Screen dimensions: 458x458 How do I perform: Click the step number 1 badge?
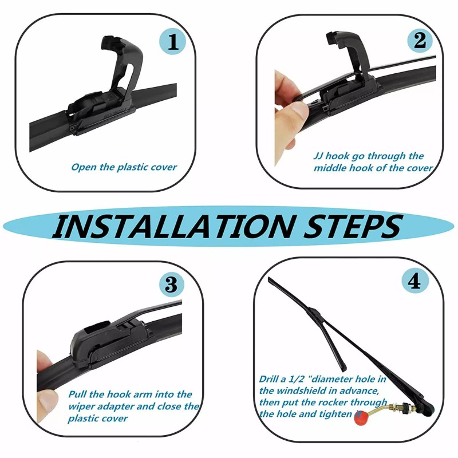click(173, 42)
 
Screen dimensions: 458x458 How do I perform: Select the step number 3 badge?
click(171, 284)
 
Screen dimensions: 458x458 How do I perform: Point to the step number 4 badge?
click(414, 281)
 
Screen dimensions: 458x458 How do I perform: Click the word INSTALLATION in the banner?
click(173, 226)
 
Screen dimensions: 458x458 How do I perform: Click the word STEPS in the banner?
click(353, 226)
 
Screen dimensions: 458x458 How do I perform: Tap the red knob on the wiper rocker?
click(362, 418)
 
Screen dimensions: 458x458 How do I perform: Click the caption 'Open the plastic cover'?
click(124, 167)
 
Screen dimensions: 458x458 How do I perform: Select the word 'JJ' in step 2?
click(318, 156)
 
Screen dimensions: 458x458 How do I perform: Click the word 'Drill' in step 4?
click(269, 379)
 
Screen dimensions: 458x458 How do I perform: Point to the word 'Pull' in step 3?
click(77, 394)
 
